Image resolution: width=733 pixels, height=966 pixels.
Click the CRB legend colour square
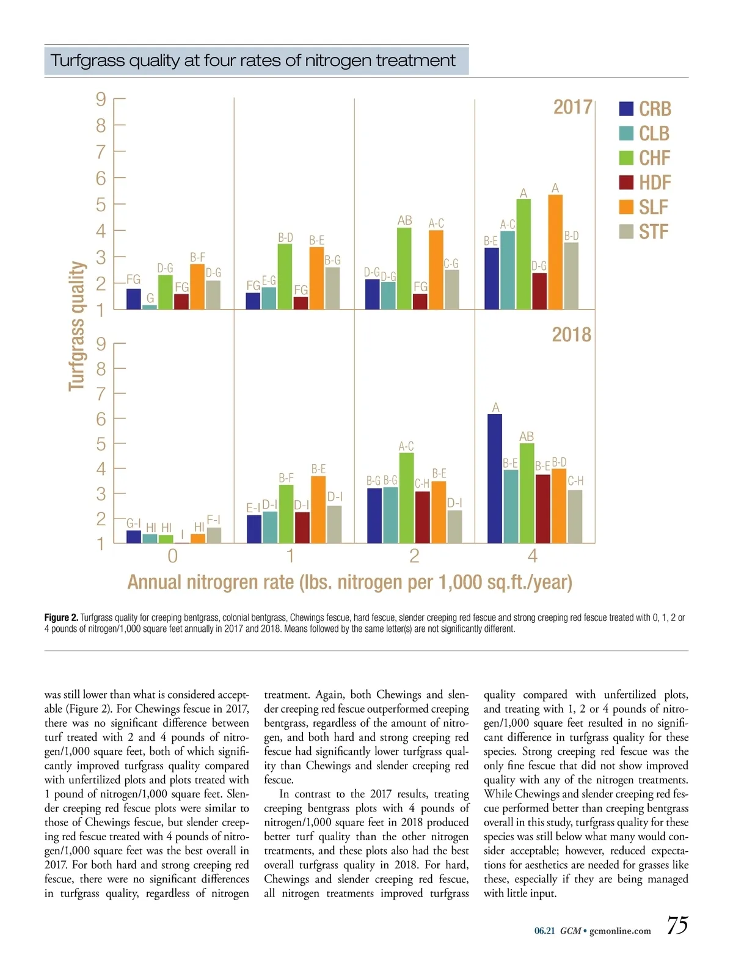[626, 109]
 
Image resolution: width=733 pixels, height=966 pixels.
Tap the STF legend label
[654, 232]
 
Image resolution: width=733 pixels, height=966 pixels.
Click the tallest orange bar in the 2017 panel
[555, 252]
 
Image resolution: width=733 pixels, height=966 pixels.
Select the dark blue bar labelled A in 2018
[495, 478]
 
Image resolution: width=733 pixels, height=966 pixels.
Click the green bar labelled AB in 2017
[404, 268]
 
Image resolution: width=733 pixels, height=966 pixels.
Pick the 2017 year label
[572, 107]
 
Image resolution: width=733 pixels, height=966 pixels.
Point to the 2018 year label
[571, 335]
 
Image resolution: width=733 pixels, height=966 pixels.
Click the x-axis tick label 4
[533, 556]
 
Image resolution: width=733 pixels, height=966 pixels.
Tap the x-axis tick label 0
[173, 556]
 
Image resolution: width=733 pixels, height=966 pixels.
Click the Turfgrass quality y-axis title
[76, 326]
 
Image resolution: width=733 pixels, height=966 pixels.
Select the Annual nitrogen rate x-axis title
[349, 583]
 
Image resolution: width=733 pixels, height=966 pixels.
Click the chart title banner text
[253, 60]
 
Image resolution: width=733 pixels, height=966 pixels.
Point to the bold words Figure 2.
[61, 617]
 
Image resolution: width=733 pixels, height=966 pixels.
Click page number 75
[677, 926]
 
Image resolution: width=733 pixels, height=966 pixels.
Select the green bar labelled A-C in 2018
[406, 498]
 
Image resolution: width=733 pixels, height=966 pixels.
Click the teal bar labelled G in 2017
[150, 307]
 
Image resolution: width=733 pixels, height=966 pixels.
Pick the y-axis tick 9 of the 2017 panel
[101, 99]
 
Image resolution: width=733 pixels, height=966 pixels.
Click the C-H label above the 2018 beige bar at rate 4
[575, 481]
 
